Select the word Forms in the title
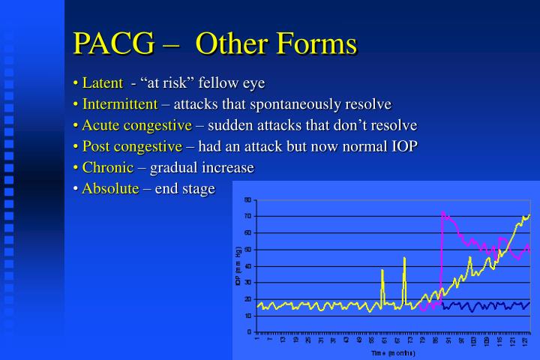[314, 44]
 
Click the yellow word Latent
[101, 82]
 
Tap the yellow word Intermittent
[120, 103]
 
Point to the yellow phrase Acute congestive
[136, 124]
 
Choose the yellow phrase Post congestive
[132, 145]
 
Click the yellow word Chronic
[107, 166]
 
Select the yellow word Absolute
[110, 187]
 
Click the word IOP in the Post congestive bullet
[401, 145]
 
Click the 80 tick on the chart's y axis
[248, 200]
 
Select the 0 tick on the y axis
[250, 332]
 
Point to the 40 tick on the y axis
[248, 266]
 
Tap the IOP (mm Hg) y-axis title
[238, 265]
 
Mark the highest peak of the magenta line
[442, 212]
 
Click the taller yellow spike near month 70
[404, 258]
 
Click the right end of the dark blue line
[529, 303]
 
